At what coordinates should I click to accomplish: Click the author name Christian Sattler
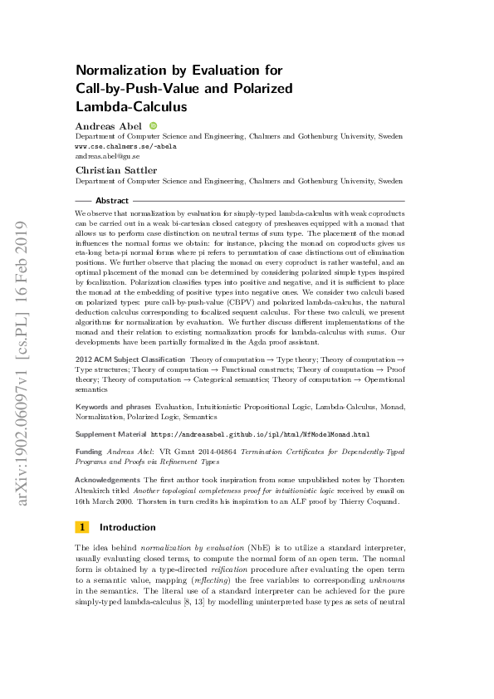point(110,169)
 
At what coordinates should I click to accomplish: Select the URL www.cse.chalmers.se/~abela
point(125,145)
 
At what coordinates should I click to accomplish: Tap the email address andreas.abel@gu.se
point(107,156)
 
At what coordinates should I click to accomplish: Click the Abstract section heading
point(112,201)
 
